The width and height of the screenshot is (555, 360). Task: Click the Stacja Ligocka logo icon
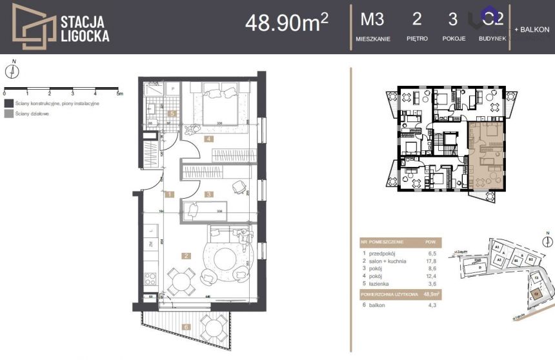(34, 26)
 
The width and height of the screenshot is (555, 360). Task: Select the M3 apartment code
(372, 19)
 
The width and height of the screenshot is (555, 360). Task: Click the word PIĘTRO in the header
(417, 39)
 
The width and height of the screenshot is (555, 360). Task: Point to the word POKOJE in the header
(454, 39)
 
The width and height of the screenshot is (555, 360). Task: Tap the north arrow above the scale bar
(14, 70)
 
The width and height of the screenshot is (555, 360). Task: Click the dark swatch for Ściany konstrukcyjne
(8, 103)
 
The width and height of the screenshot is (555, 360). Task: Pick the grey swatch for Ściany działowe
(8, 114)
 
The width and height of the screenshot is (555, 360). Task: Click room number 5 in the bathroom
(172, 114)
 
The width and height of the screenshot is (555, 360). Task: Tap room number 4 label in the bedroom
(208, 139)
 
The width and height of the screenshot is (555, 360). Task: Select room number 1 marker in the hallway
(168, 194)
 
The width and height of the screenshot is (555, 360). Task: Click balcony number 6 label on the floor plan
(186, 327)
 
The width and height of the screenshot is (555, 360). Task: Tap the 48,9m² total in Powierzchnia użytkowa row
(430, 294)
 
